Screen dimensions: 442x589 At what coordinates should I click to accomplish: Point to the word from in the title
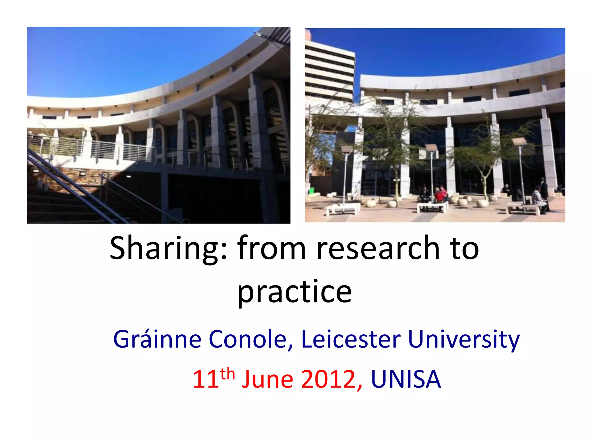click(x=271, y=248)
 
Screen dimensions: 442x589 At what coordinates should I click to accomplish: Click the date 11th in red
click(x=213, y=378)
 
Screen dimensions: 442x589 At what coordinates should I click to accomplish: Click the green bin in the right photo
click(x=311, y=190)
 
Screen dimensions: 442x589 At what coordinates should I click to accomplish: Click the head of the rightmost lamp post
click(x=519, y=141)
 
